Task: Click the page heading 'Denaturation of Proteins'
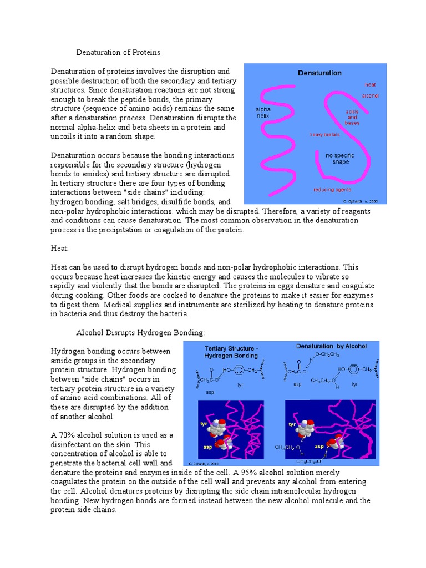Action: coord(118,52)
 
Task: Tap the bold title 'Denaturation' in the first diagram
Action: coord(319,73)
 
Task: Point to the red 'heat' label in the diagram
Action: coord(370,85)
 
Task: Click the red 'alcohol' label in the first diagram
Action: coord(370,95)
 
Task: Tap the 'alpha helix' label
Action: coord(262,113)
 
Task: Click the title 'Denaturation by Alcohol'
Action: coord(331,346)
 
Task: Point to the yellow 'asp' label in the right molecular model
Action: coord(319,445)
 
